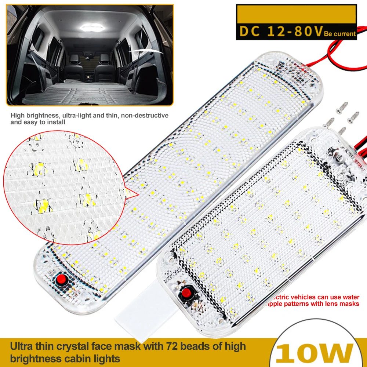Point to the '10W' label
[316, 354]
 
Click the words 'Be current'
[340, 34]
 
